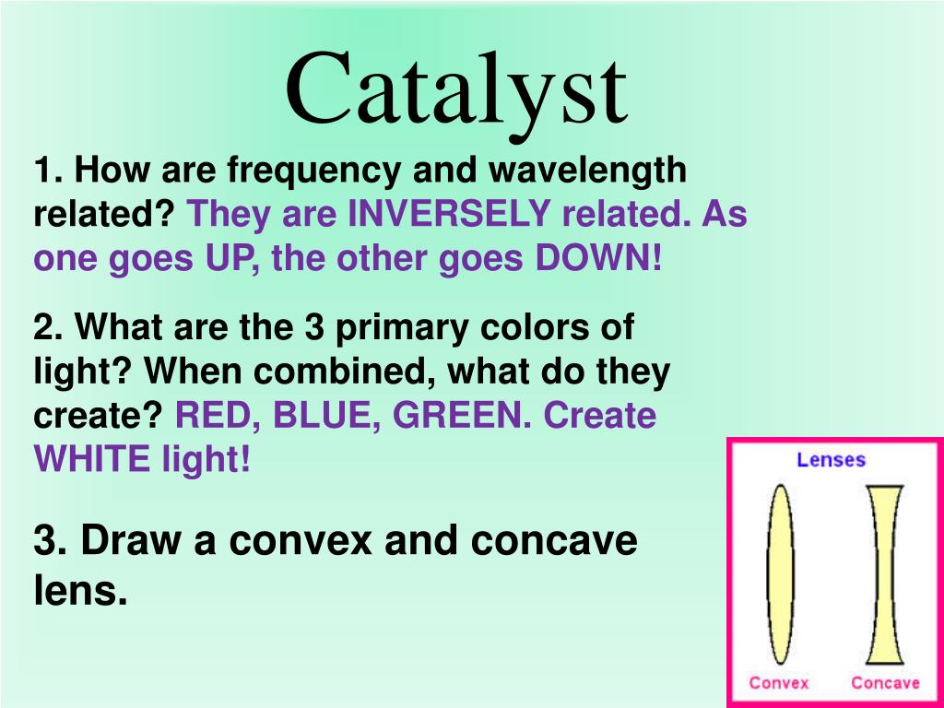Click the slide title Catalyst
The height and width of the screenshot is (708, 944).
(x=457, y=95)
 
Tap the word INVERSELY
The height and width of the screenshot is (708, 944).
(x=449, y=213)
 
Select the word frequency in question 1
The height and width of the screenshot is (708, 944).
(x=313, y=171)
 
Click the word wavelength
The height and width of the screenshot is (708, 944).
(x=587, y=171)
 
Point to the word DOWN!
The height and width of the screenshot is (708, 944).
(x=598, y=258)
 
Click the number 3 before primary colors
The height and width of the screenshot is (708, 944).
(x=314, y=327)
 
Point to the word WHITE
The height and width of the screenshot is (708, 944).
(x=92, y=459)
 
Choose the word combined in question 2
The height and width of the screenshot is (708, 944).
(x=345, y=372)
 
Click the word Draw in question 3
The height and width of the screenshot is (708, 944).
(x=130, y=540)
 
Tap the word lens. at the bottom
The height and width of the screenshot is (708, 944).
(x=81, y=590)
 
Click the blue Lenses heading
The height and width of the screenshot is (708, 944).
(x=831, y=460)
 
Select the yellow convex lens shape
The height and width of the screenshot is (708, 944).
(x=780, y=574)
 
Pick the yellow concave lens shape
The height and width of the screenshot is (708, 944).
(x=884, y=574)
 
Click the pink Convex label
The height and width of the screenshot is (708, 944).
(x=779, y=683)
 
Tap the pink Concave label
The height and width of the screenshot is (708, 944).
(x=885, y=683)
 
